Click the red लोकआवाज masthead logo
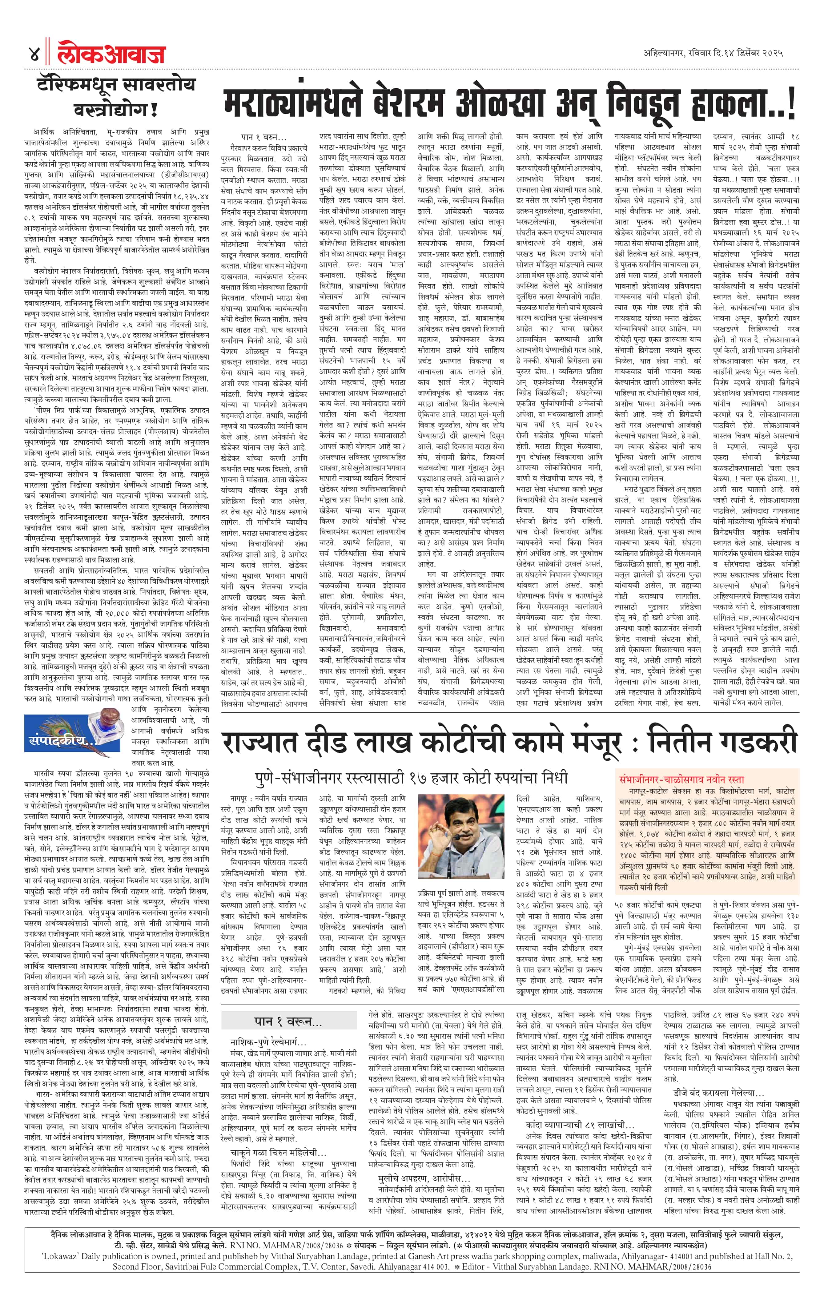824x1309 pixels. coord(111,54)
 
